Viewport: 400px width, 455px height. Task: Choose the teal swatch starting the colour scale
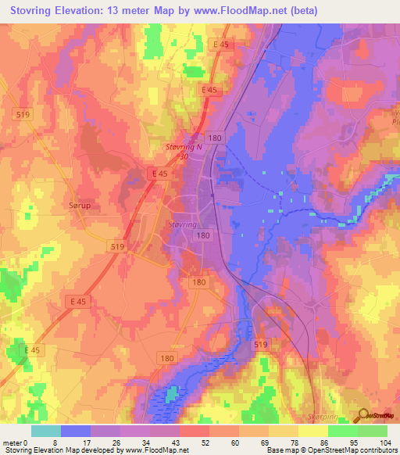click(x=45, y=431)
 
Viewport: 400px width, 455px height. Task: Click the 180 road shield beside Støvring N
click(x=216, y=138)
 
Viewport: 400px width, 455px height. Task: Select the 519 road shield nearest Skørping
click(x=262, y=344)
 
